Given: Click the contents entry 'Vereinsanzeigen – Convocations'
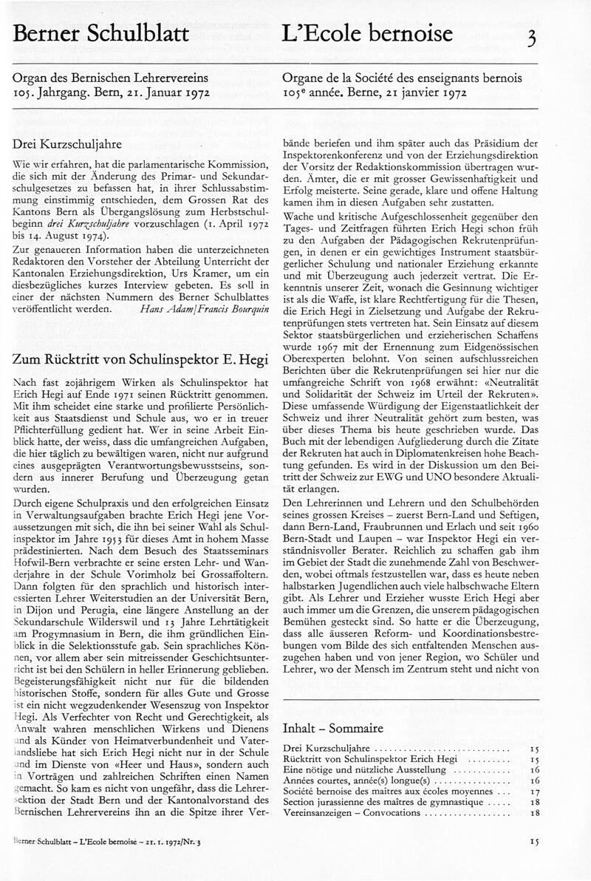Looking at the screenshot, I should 351,812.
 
